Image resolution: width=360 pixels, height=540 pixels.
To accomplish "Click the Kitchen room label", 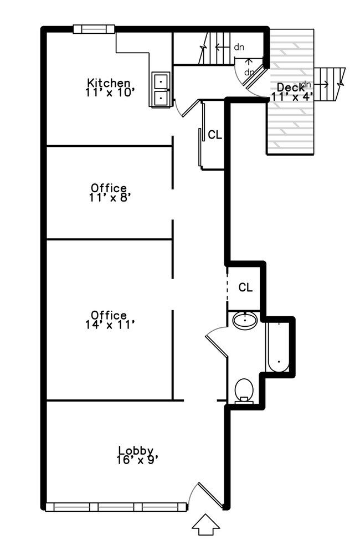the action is [109, 83].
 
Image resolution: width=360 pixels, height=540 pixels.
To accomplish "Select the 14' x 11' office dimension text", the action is [110, 325].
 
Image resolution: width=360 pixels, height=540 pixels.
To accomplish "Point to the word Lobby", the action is [136, 450].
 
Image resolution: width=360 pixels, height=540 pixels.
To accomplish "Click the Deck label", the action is [290, 87].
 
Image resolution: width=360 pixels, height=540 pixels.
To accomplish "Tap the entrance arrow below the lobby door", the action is [205, 524].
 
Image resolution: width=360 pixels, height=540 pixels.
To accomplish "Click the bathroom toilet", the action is [244, 391].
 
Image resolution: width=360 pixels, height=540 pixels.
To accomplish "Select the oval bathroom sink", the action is [245, 321].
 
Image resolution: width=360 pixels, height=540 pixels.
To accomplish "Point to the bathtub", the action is [279, 347].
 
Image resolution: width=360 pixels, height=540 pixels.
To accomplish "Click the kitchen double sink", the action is [161, 90].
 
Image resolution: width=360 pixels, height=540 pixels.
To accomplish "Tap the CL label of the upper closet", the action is [215, 135].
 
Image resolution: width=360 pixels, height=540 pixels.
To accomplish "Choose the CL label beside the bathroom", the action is [245, 287].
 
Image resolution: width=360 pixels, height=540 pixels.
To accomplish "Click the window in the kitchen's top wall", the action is [94, 29].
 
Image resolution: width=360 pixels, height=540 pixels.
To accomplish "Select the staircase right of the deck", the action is [329, 84].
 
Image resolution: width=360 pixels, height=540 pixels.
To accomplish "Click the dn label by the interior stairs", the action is [239, 47].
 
